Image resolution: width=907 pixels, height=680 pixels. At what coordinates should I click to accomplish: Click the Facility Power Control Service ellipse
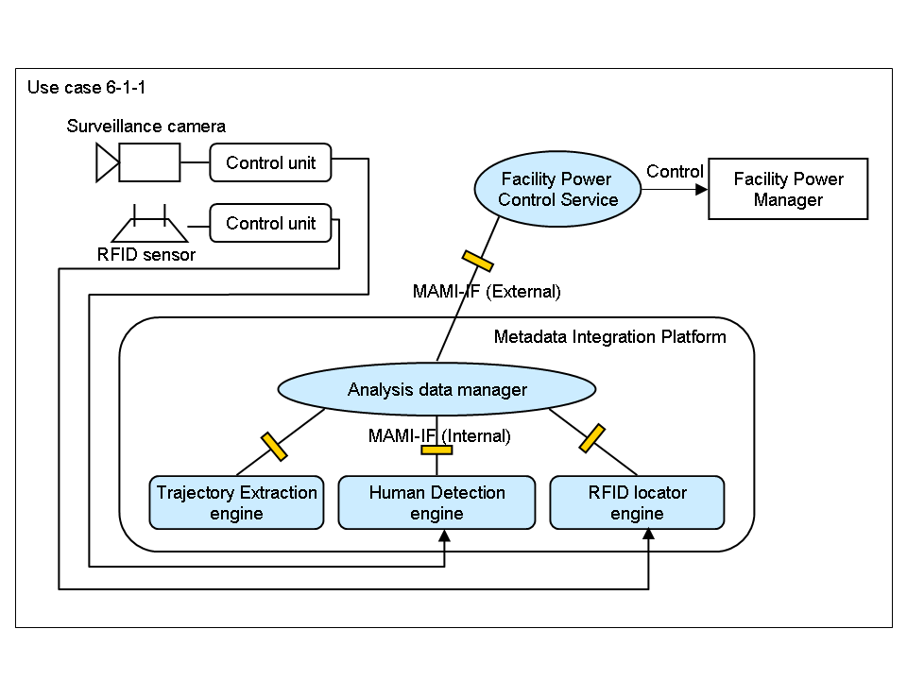pos(557,190)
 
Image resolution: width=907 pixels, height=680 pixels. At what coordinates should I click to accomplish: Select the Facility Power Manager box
pos(788,189)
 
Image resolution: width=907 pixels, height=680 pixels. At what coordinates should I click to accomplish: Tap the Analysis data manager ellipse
pos(436,389)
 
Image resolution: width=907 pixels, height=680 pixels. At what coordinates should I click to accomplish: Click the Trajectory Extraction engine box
pos(236,502)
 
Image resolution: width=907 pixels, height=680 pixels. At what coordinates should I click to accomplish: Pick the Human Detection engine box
pos(436,502)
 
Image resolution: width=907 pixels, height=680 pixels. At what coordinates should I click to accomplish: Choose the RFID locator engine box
pos(637,502)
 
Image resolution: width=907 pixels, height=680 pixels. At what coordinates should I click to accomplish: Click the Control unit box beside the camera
pos(270,162)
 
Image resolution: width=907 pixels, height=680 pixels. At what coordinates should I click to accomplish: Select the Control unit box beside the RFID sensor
pos(270,224)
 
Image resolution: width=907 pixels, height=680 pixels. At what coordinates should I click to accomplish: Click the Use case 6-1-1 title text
pos(86,88)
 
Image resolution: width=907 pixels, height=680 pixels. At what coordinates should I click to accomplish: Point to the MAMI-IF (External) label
pos(487,292)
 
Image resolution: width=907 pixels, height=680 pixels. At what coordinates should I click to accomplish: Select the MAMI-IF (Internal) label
pos(439,435)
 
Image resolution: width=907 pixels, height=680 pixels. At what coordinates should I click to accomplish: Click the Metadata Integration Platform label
pos(610,336)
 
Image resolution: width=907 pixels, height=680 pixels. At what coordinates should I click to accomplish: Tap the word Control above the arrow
pos(675,172)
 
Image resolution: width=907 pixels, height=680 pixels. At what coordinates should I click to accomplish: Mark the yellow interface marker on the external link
pos(477,260)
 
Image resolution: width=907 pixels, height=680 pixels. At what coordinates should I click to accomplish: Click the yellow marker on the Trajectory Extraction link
pos(274,446)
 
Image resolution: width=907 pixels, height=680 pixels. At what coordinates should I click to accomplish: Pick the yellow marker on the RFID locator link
pos(591,438)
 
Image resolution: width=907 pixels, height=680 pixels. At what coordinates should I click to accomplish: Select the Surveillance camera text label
pos(145,126)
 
